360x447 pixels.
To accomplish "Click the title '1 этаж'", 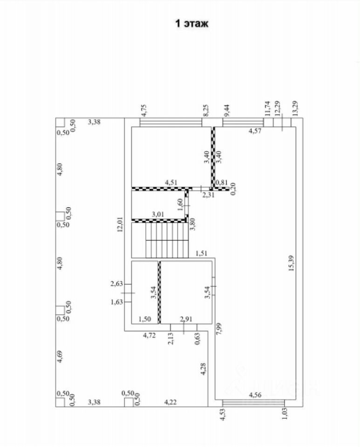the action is pos(191,24).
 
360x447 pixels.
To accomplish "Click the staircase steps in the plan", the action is pos(166,240).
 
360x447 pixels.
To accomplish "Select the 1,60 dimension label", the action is pos(181,203).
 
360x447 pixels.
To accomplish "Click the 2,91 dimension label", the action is pos(187,319).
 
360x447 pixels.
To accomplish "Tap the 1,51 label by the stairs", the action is pos(202,254).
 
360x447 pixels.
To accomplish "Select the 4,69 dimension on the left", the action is pos(59,356).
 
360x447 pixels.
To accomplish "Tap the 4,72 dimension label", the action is pos(149,335).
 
